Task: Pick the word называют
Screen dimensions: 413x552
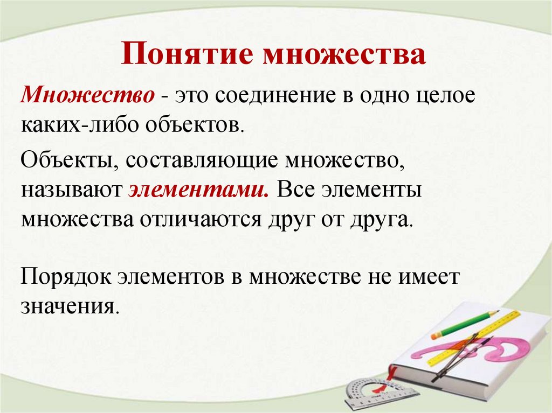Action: coord(72,190)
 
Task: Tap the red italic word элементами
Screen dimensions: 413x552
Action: coord(198,190)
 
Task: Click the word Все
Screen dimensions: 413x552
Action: coord(298,190)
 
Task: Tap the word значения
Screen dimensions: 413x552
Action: coord(68,306)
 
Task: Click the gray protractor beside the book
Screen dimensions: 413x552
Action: coord(367,391)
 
